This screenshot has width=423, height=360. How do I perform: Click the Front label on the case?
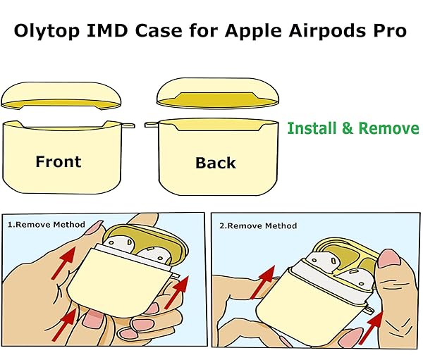[58, 161]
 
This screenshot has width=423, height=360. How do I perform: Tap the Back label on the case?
[215, 163]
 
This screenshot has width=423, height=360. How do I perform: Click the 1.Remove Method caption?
[46, 225]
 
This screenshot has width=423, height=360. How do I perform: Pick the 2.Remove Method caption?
[258, 225]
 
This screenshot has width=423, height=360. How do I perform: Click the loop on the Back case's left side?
[150, 125]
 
